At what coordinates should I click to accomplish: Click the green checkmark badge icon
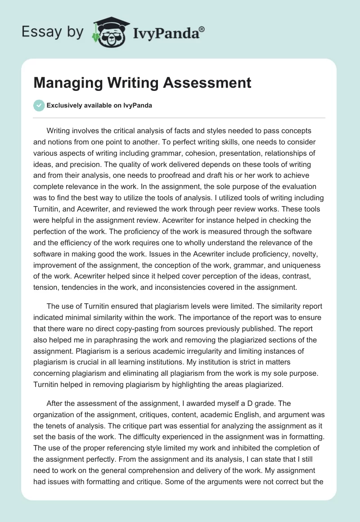[39, 105]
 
